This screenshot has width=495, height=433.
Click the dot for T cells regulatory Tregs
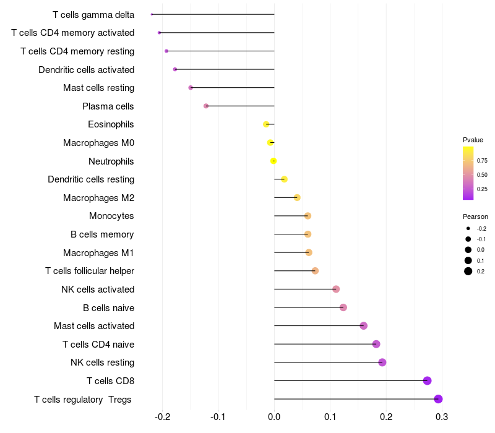[438, 399]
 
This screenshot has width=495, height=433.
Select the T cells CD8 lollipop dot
[427, 380]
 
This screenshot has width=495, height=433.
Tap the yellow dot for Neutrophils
[273, 161]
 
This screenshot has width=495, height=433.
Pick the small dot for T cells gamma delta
[152, 14]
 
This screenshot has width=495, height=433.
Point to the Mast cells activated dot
[363, 326]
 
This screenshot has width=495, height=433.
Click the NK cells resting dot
[382, 362]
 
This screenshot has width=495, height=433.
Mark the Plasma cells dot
[206, 106]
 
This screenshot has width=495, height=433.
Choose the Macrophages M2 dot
[297, 197]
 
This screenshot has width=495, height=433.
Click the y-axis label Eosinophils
[111, 124]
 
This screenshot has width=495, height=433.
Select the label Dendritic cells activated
[86, 69]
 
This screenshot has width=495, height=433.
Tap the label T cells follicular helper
[90, 271]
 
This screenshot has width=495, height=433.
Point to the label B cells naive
[108, 307]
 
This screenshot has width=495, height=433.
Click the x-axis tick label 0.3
[442, 417]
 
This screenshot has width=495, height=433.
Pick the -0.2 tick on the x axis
[162, 417]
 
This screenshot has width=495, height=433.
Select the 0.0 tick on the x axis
[274, 417]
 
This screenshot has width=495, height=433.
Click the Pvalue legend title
[473, 140]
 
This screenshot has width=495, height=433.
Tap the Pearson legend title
[475, 217]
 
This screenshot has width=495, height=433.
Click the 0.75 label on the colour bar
[482, 161]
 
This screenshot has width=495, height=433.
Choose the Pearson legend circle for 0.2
[468, 272]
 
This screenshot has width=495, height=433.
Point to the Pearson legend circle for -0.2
[468, 229]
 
